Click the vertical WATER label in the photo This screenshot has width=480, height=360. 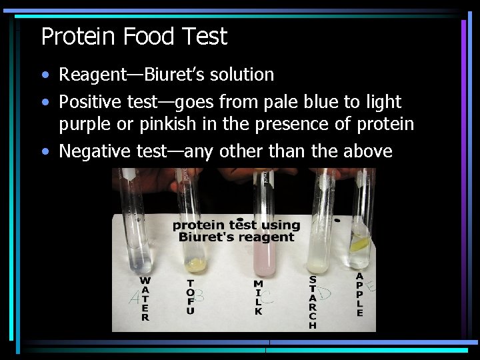coord(145,299)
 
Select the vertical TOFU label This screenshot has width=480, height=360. coord(191,297)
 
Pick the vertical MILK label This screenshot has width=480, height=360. coord(259,297)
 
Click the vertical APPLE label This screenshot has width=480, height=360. coord(360,294)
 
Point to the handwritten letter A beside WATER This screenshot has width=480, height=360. coord(134,298)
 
